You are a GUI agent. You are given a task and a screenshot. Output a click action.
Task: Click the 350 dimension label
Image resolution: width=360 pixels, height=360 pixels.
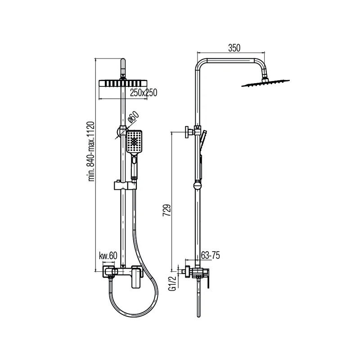(234, 48)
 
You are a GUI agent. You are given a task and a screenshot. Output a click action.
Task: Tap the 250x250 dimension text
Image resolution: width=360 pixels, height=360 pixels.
(144, 93)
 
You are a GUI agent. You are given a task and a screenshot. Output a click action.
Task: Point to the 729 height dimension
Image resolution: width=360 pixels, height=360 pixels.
(166, 210)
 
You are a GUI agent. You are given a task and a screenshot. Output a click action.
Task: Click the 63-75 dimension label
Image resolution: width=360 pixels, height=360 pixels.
(210, 255)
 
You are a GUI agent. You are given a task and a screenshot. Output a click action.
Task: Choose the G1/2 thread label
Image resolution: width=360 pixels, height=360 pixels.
(172, 283)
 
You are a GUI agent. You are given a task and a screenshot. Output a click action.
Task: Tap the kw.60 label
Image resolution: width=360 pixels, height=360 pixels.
(108, 256)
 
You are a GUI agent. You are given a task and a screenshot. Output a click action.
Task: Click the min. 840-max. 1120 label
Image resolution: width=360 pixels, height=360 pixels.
(91, 151)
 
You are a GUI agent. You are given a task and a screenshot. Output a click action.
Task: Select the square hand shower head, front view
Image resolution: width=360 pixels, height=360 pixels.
(134, 142)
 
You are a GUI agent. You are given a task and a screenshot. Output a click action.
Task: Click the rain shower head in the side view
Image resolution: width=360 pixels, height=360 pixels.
(265, 83)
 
